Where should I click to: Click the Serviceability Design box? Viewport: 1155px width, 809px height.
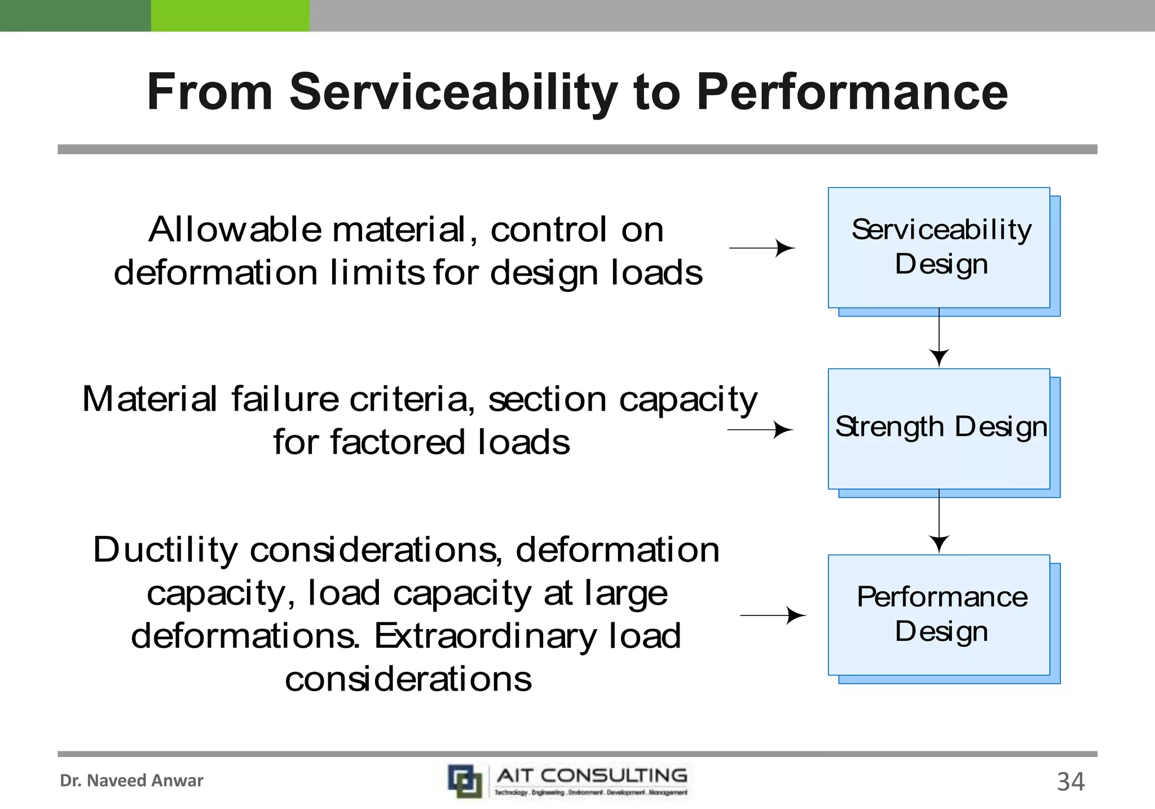pos(939,248)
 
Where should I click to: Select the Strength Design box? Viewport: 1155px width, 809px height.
pos(939,429)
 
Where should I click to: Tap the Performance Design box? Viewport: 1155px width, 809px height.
pos(939,615)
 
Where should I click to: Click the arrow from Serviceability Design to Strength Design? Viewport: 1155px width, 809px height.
pos(939,338)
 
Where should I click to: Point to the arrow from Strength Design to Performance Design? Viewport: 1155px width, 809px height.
pos(939,522)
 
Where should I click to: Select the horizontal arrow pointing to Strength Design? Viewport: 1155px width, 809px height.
pos(760,430)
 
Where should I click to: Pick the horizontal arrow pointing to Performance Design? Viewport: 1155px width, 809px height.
pos(773,615)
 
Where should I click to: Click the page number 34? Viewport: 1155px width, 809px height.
pos(1070,782)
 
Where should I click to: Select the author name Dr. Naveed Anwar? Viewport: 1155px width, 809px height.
pos(131,781)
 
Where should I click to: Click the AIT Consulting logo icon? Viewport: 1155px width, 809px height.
pos(465,781)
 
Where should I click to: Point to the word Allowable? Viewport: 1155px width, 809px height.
pos(235,230)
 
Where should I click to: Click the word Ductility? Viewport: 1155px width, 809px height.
pos(165,550)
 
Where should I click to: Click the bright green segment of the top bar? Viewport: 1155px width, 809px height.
pos(230,15)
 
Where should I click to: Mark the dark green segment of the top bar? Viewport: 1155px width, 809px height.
pos(75,15)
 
